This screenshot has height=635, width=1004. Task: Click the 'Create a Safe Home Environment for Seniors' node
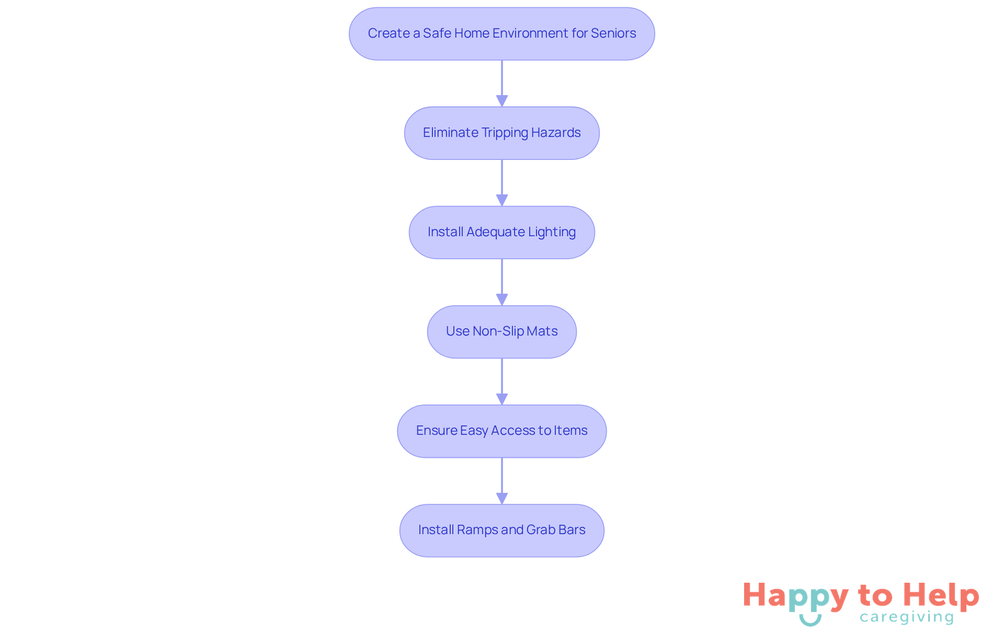(501, 33)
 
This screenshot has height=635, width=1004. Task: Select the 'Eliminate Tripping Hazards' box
(501, 133)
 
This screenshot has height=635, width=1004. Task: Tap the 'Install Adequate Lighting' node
(501, 232)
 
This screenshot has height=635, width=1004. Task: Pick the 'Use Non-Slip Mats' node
(501, 331)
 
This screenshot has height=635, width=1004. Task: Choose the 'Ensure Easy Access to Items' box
(501, 431)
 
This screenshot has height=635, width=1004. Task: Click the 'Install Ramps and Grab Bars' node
(501, 530)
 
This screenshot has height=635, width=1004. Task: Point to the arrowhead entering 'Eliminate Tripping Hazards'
(502, 101)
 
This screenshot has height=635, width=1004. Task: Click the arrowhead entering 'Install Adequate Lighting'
(502, 200)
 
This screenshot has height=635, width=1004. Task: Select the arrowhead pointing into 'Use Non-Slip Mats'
(502, 299)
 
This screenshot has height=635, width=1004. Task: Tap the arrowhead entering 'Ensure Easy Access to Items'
(502, 399)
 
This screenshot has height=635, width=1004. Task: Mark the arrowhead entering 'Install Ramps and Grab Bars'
(502, 498)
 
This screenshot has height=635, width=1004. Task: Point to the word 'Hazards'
(556, 133)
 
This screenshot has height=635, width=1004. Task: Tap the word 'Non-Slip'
(498, 331)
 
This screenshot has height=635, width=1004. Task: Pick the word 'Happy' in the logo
(795, 596)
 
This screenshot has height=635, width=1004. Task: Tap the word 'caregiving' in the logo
(907, 617)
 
